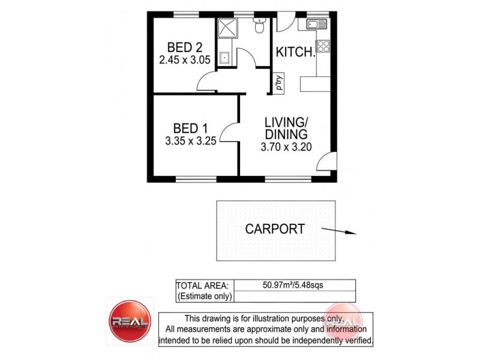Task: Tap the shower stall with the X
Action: pos(227,28)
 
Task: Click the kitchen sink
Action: pos(316,25)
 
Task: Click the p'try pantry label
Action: pos(278,83)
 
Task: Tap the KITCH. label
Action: pos(295,52)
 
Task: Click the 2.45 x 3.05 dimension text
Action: pos(184,60)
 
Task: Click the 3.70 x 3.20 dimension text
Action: pos(286,146)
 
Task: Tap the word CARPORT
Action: pos(275,229)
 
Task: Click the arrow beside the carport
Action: pos(339,230)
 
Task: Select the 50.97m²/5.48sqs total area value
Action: pos(293,285)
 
